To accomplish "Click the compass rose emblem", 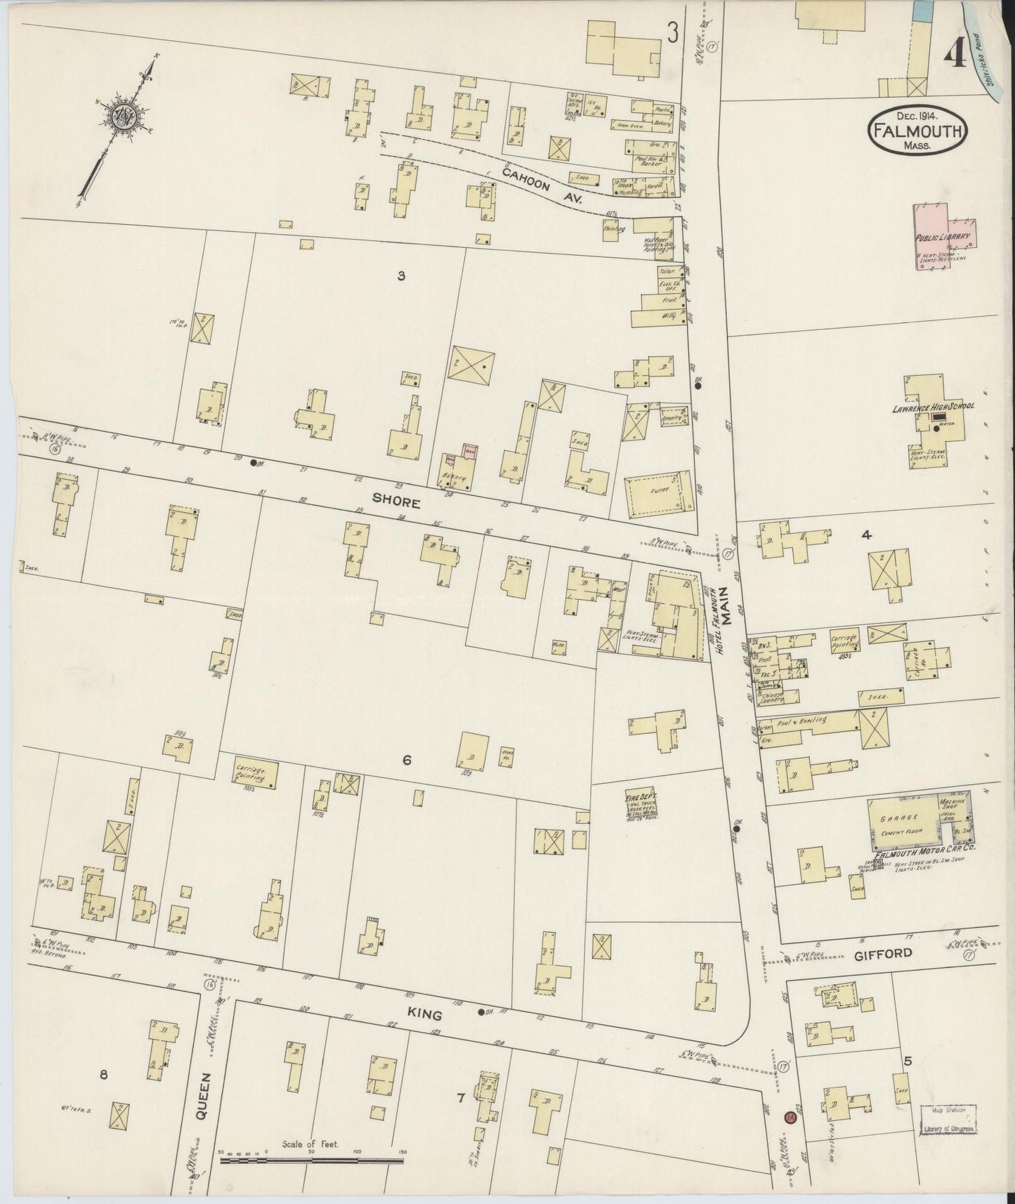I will [x=122, y=114].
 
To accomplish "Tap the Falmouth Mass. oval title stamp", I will [x=919, y=130].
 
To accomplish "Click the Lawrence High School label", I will [x=934, y=407].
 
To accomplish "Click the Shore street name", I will [x=396, y=503].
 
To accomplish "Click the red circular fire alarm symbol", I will [x=789, y=1115].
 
